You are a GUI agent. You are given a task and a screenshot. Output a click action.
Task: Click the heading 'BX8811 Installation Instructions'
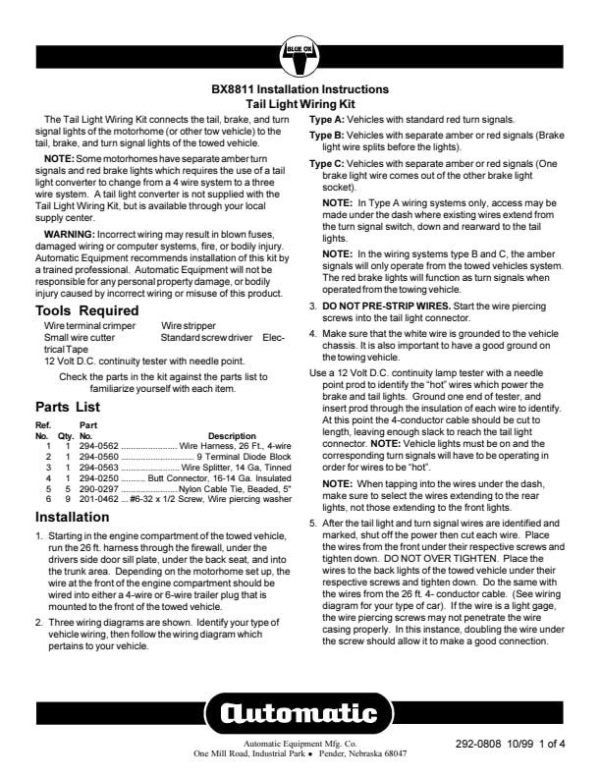[x=300, y=89]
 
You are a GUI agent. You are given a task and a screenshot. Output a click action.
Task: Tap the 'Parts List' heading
[x=68, y=405]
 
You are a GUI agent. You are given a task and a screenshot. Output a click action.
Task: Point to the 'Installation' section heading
[x=73, y=517]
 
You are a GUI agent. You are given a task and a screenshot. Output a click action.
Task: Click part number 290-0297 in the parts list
[x=99, y=488]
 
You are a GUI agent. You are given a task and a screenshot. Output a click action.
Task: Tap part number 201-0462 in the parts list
[x=99, y=499]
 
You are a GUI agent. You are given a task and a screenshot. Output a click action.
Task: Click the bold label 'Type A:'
[x=327, y=118]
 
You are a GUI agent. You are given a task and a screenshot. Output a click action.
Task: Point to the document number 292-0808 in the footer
[x=481, y=745]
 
